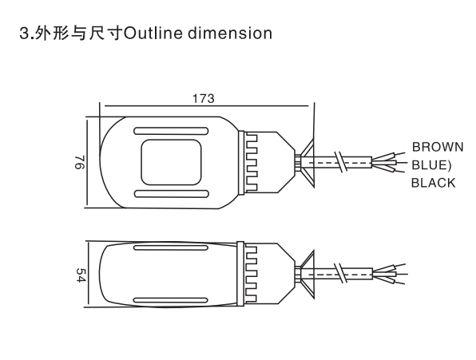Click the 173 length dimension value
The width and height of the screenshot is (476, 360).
(204, 98)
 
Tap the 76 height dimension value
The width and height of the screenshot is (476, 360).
(80, 163)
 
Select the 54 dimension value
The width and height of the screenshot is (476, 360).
(80, 275)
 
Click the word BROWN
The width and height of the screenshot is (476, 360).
(438, 147)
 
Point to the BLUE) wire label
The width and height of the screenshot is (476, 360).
(431, 165)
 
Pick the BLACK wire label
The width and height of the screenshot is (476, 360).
(433, 183)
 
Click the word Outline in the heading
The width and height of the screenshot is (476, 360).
(153, 34)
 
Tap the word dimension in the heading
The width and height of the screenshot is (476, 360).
(230, 34)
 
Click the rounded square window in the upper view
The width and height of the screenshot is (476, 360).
(171, 163)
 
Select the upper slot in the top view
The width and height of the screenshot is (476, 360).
(171, 131)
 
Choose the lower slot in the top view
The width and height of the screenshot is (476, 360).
(171, 194)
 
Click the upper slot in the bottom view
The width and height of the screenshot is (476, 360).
(171, 247)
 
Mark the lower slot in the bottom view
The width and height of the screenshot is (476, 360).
(171, 301)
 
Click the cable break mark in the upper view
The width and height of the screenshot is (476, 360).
(340, 162)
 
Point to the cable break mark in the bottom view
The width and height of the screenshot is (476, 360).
(340, 273)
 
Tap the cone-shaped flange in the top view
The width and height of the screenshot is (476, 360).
(307, 163)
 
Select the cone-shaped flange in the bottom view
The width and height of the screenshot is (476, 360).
(307, 275)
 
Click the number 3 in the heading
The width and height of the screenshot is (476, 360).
(24, 34)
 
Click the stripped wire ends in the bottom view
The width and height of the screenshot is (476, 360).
(389, 274)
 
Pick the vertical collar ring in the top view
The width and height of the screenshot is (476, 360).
(241, 163)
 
